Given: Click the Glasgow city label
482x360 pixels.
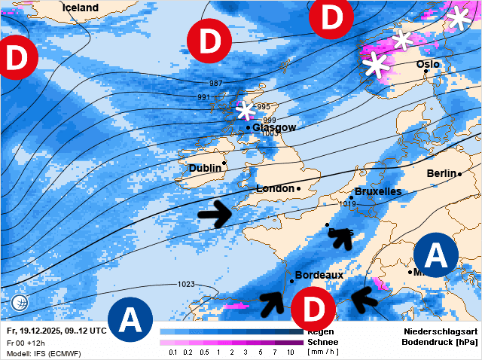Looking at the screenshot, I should tap(274, 128).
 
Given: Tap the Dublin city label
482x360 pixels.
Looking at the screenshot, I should tap(205, 168).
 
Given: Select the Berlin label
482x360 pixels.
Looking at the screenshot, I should tap(441, 173).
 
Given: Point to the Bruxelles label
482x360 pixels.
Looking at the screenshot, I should tap(377, 192).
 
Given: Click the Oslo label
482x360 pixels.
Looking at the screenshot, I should tap(428, 65).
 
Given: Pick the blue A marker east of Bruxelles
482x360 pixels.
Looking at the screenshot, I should tap(436, 255).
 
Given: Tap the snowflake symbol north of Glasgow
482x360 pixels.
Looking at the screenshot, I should tap(244, 111).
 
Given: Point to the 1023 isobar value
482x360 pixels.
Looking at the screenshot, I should tap(186, 284).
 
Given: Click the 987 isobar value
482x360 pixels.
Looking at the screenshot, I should tap(215, 83).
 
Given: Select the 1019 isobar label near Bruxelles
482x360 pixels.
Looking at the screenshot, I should tap(348, 204).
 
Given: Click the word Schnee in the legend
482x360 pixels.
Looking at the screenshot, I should tap(322, 342).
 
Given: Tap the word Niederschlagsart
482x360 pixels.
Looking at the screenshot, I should tap(441, 331).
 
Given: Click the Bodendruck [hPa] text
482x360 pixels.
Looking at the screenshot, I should tap(441, 342).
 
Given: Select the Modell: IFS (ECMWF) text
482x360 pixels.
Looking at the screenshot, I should tap(43, 353).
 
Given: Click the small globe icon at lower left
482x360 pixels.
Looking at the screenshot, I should tap(20, 304).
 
